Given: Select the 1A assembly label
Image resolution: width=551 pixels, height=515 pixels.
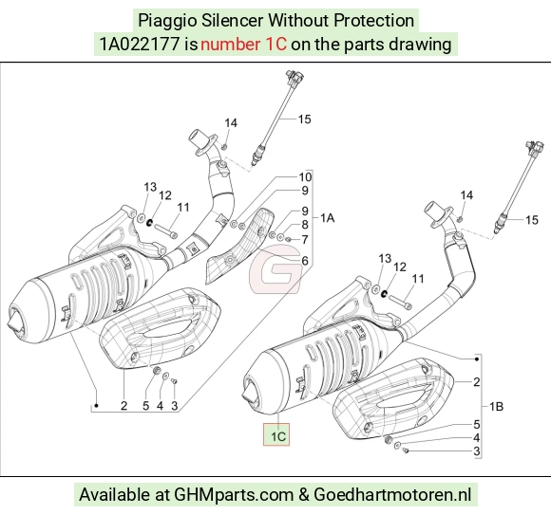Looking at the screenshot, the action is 328,218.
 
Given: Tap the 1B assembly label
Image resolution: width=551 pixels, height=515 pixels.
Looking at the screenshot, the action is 497,407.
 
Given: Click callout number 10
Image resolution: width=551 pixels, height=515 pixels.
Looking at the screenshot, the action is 305,176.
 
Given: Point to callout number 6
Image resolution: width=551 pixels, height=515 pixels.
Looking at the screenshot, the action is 305,261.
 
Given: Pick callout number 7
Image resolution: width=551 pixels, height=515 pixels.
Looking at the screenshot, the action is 305,240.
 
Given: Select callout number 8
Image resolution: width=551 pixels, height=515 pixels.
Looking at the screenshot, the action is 305,225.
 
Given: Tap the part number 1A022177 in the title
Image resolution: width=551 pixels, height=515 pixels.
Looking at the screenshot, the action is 140,45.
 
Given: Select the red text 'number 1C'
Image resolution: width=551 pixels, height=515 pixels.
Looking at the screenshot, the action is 243,45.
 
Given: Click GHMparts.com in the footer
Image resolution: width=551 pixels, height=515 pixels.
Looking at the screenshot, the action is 234,495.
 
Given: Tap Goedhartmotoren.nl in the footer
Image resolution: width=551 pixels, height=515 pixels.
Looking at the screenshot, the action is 392,495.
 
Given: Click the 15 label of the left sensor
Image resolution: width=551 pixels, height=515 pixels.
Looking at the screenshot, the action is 305,120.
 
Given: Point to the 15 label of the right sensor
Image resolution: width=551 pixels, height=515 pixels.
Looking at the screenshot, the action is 532,220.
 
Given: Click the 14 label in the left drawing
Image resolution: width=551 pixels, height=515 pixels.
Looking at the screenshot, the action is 231,123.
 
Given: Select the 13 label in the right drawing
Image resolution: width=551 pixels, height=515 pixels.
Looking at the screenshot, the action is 385,259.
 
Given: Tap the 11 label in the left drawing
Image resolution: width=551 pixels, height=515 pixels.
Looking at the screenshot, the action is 183,208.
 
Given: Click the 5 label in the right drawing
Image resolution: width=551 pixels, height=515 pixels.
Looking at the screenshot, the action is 477,425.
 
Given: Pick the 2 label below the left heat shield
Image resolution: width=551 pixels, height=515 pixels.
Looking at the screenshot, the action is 123,406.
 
